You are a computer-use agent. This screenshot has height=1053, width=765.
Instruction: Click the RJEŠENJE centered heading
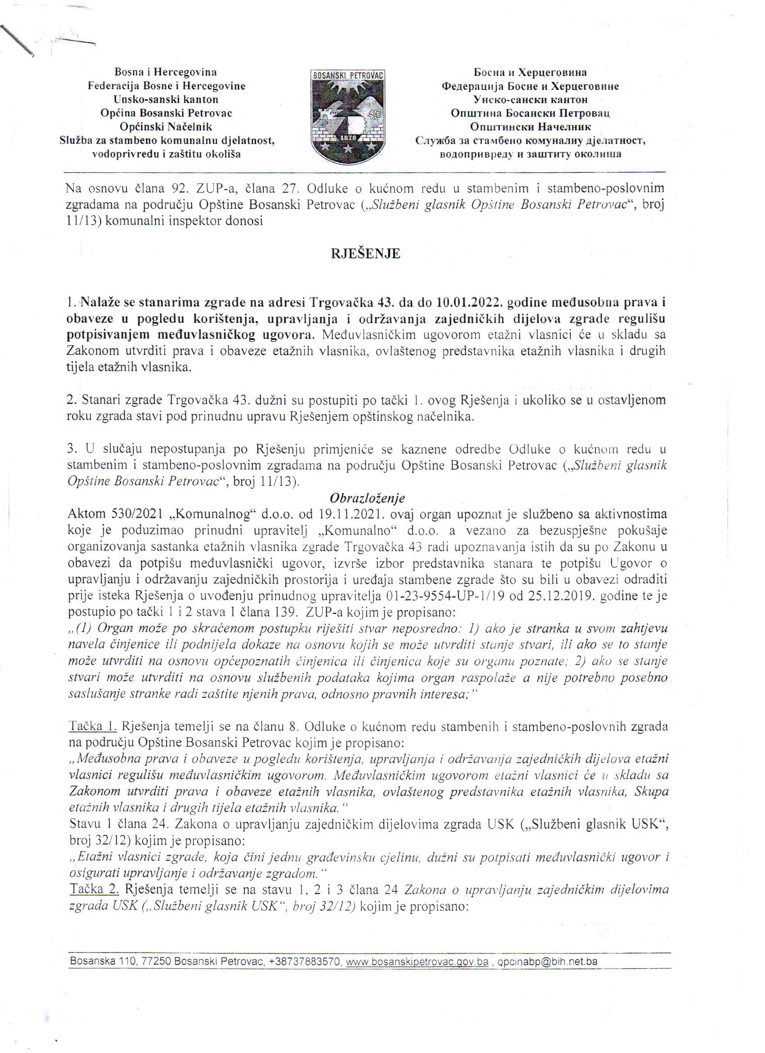point(365,254)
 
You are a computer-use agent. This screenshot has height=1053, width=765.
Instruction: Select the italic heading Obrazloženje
point(367,498)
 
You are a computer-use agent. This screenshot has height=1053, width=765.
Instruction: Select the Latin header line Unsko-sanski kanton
point(166,99)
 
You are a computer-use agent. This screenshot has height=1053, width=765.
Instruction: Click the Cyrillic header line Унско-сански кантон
point(530,99)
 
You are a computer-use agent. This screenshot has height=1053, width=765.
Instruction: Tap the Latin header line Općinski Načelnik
point(166,127)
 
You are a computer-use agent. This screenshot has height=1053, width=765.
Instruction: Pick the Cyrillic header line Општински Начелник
point(530,127)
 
